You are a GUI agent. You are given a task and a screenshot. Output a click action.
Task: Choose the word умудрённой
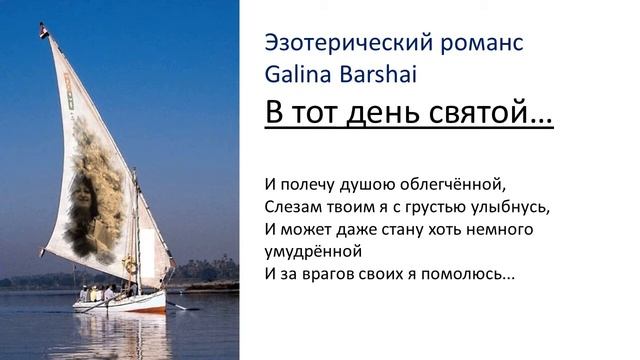312,250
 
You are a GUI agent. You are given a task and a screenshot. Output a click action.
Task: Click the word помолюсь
471,272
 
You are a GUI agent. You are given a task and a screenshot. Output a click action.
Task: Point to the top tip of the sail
44,27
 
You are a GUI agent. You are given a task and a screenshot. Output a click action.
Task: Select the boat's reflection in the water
120,335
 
